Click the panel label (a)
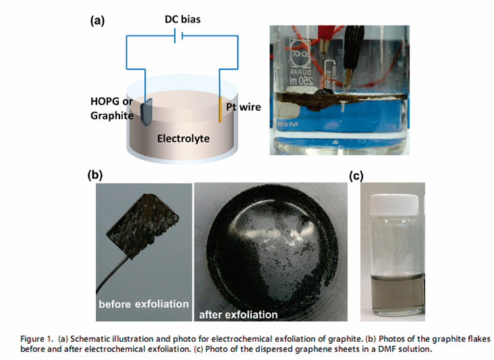[x=98, y=21]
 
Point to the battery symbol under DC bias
[x=177, y=38]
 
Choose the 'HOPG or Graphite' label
[x=111, y=109]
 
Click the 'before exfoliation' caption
[x=144, y=304]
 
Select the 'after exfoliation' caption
[x=238, y=314]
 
